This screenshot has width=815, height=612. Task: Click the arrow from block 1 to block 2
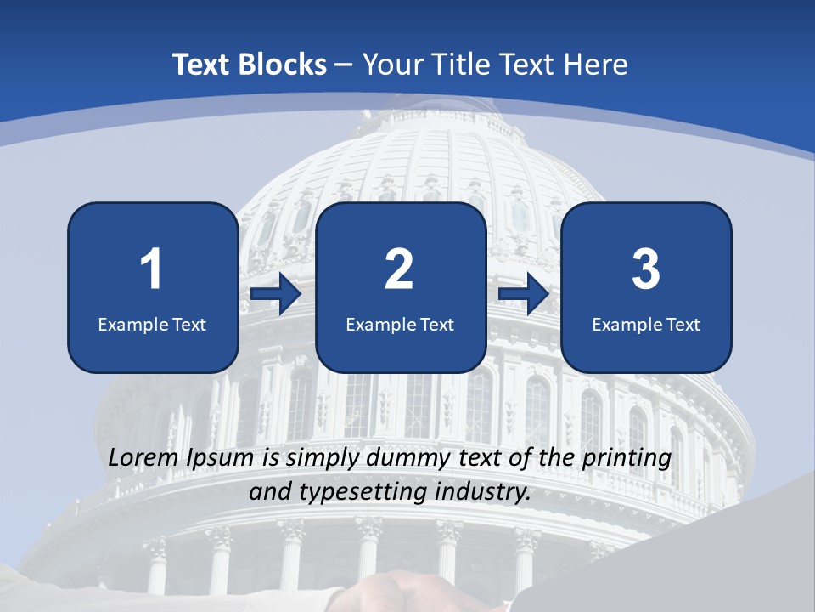click(x=276, y=295)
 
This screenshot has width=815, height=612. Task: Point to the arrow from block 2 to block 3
click(x=524, y=295)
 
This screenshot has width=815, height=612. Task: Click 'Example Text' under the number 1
click(x=152, y=324)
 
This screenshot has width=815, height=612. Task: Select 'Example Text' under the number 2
click(x=400, y=324)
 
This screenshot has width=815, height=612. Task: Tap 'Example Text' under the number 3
click(x=646, y=324)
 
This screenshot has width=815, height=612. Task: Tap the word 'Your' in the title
click(x=391, y=65)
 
